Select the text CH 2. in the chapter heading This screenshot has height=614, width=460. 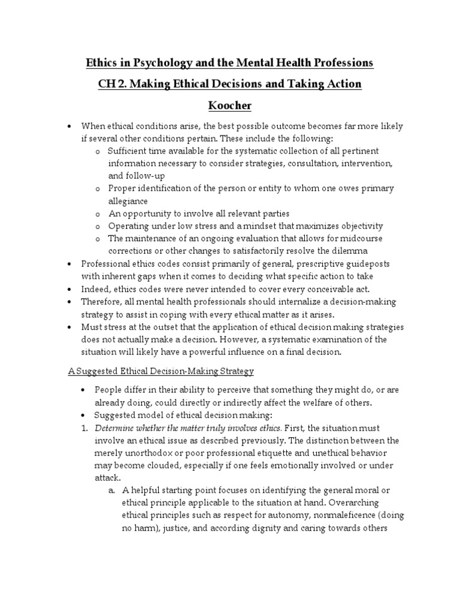coord(112,83)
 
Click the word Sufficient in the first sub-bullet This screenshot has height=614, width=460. coord(129,150)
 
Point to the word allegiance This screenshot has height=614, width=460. coord(128,200)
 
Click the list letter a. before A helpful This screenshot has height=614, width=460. coord(112,490)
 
